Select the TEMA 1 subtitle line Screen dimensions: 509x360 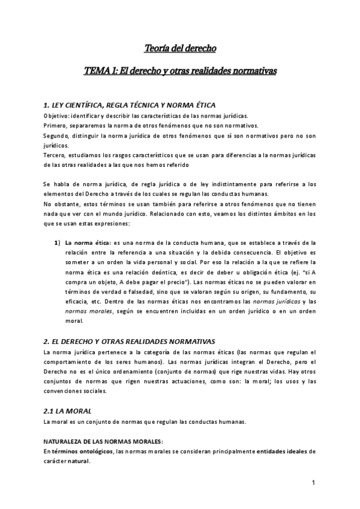tap(179, 71)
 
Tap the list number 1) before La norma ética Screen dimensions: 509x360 tap(58, 242)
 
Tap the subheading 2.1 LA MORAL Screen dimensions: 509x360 tap(67, 410)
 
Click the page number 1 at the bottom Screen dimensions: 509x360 tap(314, 483)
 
